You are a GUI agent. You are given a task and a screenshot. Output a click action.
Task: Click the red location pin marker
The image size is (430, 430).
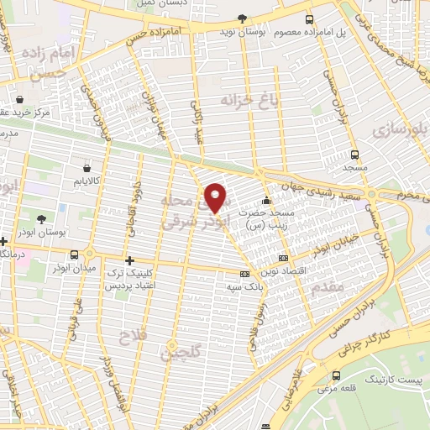[217, 197]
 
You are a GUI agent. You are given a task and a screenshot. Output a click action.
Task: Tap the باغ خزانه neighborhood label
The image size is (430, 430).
[224, 101]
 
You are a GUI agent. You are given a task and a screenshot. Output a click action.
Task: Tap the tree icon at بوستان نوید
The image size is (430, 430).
[243, 18]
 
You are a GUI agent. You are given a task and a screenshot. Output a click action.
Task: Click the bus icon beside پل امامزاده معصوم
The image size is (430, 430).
[309, 19]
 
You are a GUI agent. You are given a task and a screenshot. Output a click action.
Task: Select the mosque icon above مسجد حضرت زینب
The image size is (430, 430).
[267, 201]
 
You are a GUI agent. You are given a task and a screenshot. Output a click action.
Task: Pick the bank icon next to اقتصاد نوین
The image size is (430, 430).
[283, 258]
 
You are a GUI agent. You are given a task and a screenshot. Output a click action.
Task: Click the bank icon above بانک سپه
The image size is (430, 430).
[244, 274]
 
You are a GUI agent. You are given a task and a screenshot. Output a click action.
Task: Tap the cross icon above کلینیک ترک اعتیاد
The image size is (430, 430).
[128, 260]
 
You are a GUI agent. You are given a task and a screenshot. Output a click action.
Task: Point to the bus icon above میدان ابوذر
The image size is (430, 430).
[75, 254]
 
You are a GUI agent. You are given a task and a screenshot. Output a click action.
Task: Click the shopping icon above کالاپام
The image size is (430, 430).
[87, 167]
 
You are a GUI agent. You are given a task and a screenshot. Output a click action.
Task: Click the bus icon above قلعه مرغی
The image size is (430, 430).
[341, 375]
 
